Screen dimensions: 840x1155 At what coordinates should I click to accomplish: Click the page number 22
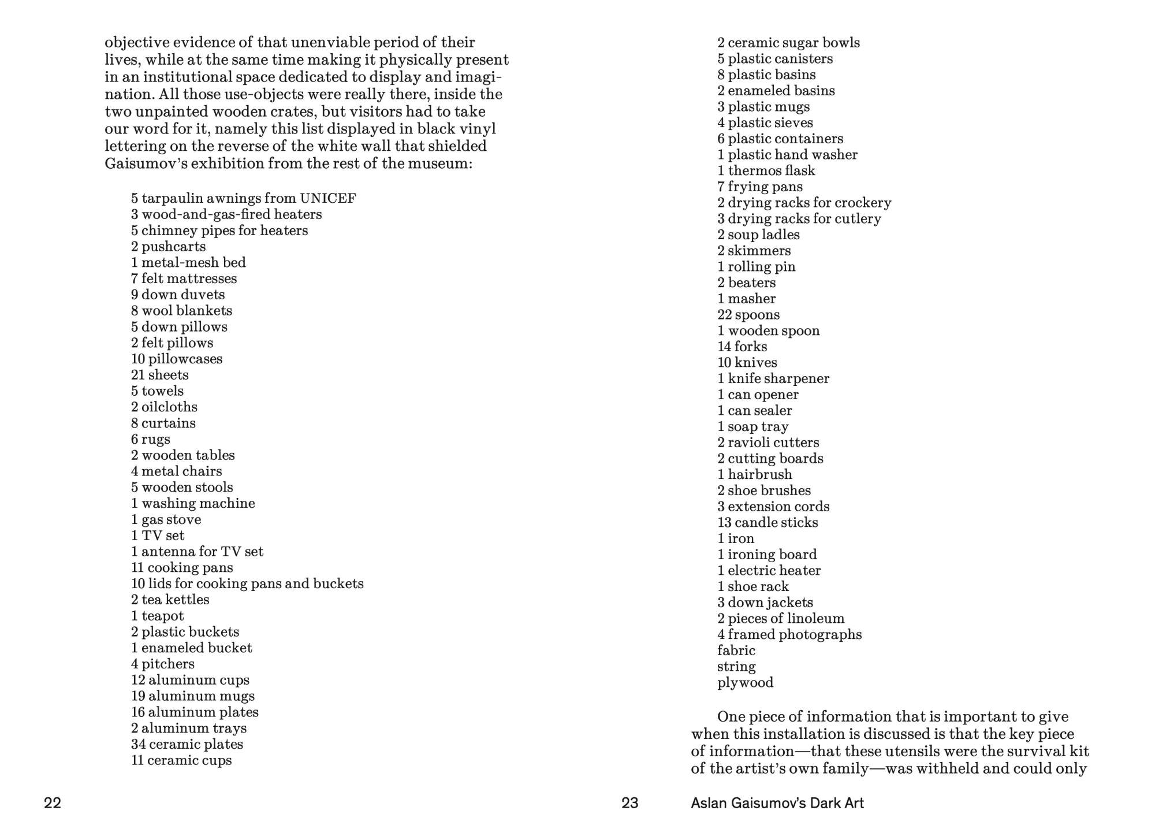53,803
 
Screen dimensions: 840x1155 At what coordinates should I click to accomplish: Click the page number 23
629,803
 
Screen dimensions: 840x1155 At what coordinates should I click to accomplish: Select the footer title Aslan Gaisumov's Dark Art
777,803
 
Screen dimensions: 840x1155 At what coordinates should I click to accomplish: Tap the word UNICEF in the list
328,199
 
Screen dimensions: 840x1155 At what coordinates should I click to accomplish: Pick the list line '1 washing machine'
193,503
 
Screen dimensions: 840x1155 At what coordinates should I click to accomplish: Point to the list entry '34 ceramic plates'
187,744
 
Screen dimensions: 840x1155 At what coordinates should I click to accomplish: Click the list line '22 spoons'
748,315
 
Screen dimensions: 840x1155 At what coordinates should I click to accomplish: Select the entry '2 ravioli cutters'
768,443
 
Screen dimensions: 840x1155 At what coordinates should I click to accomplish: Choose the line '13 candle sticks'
767,523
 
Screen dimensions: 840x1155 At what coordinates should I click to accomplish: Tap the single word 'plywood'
745,683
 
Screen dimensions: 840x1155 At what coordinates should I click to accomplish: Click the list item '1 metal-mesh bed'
188,263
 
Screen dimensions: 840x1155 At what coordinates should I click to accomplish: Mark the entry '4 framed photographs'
789,634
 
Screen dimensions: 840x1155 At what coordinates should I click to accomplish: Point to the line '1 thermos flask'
766,171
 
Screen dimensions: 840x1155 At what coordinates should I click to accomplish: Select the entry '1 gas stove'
166,519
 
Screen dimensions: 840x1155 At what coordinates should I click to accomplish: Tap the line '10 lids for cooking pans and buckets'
247,583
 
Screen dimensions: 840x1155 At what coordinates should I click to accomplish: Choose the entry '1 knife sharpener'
773,379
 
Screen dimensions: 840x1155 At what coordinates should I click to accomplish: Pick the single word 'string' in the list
736,667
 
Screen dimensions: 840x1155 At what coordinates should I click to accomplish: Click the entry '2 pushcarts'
168,247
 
